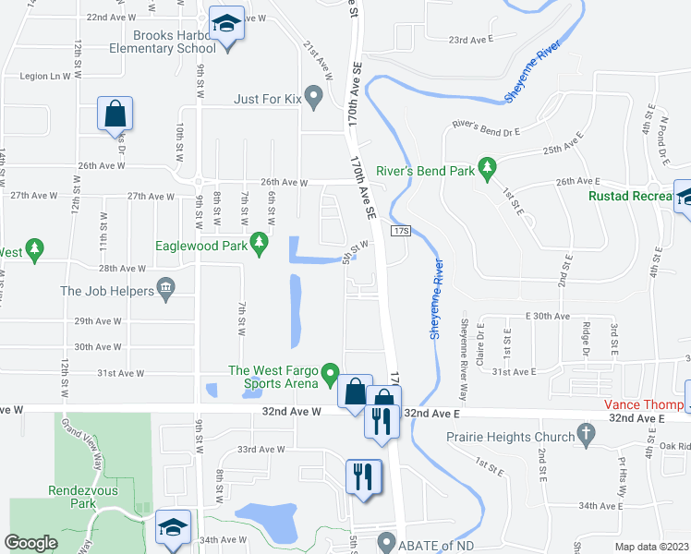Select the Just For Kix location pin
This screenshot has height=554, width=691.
pyautogui.click(x=314, y=93)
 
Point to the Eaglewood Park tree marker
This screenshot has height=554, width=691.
pyautogui.click(x=260, y=243)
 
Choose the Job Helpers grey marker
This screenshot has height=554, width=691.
pyautogui.click(x=166, y=289)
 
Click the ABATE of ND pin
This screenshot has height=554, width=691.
pyautogui.click(x=387, y=543)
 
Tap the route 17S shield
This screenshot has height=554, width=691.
pyautogui.click(x=400, y=230)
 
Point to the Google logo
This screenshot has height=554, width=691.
pyautogui.click(x=30, y=543)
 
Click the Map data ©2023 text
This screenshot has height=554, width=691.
pyautogui.click(x=651, y=547)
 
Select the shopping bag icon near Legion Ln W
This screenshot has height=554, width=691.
pyautogui.click(x=116, y=115)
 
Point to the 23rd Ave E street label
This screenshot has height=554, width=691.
pyautogui.click(x=471, y=40)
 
